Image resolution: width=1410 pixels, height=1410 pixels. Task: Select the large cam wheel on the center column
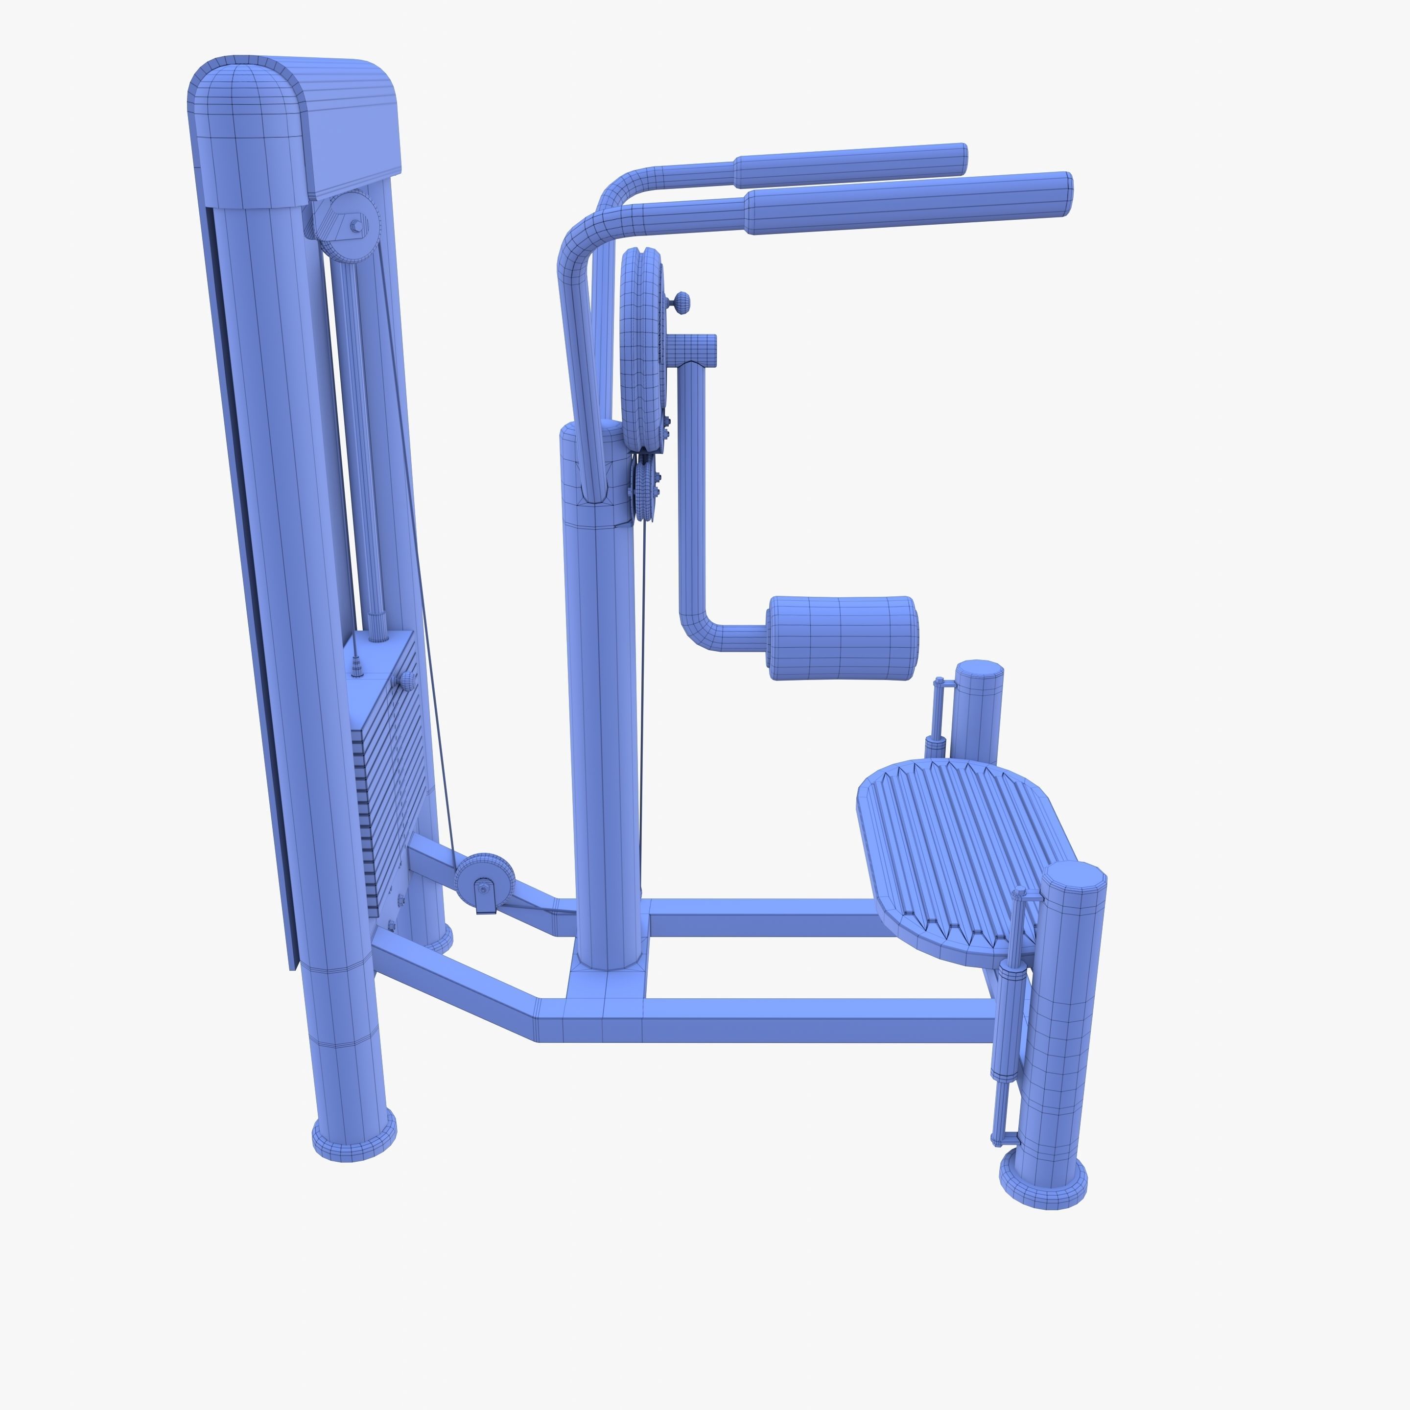[641, 351]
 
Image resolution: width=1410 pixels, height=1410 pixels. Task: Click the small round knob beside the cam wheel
[681, 300]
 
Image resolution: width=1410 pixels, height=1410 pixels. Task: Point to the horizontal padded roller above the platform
[842, 638]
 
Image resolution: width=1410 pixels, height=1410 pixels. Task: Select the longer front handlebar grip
[909, 202]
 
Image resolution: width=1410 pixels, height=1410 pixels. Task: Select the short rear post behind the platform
[979, 711]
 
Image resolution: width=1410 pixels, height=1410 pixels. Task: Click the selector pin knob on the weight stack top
[406, 681]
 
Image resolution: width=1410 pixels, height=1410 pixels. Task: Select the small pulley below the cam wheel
[645, 489]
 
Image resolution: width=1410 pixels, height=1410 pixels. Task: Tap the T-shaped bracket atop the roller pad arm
[693, 349]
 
